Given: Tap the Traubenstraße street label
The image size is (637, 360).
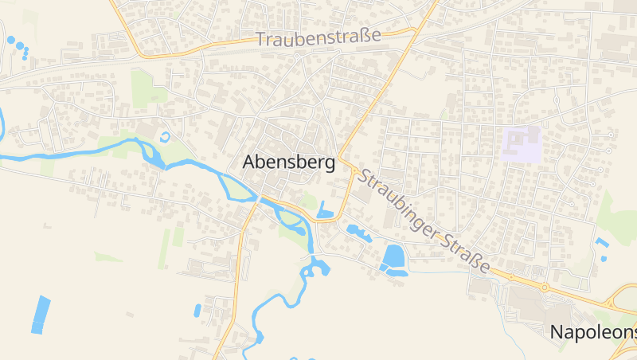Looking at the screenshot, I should (x=318, y=37).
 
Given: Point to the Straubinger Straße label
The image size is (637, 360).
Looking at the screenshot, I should (x=423, y=217).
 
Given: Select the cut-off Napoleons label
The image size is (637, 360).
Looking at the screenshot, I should (x=593, y=331).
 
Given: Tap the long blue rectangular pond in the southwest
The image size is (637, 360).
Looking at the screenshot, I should (x=40, y=315).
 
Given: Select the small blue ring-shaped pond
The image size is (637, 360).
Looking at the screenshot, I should (x=166, y=137).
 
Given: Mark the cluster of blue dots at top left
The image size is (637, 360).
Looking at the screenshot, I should (x=18, y=46).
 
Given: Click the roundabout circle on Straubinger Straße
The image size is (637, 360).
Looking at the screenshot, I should (x=545, y=287).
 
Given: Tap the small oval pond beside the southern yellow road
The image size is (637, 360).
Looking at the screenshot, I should (x=197, y=310).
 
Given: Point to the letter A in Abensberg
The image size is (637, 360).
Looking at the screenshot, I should (x=248, y=162).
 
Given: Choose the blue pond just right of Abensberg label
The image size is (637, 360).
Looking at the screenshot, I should (x=325, y=210).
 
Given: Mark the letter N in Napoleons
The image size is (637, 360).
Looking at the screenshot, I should (x=557, y=331).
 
